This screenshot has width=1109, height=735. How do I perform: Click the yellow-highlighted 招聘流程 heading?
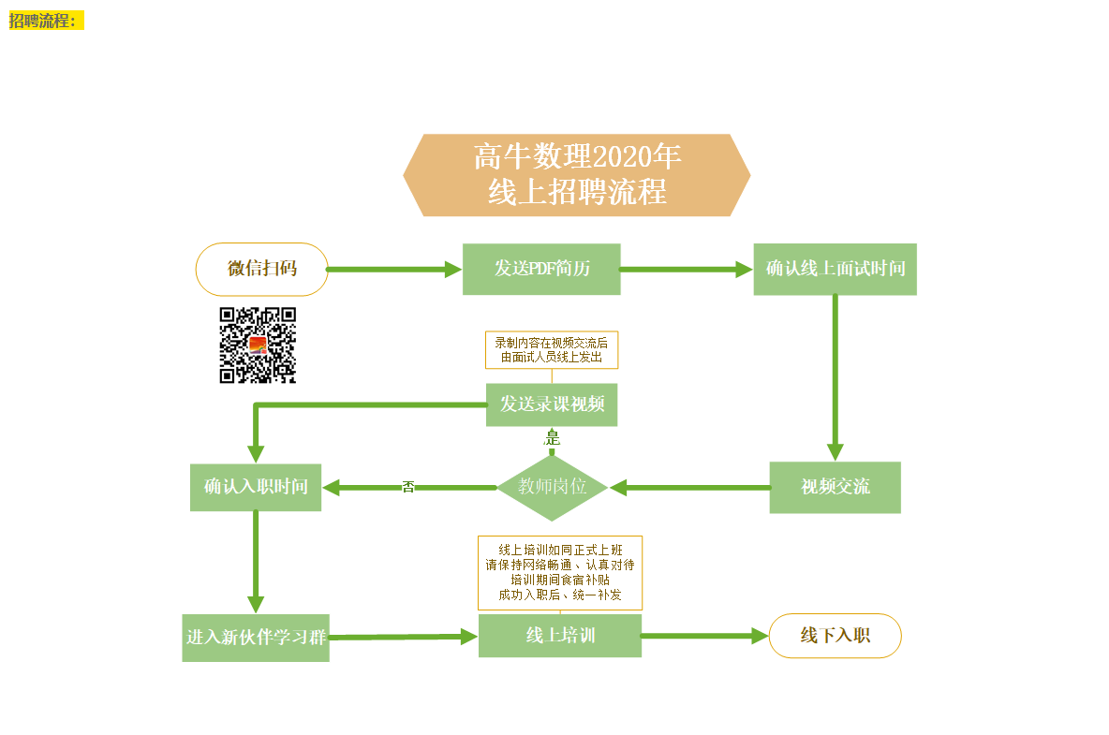click(46, 21)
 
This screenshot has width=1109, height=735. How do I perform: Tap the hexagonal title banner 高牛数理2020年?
click(576, 174)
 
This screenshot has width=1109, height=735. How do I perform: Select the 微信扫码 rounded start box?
click(261, 270)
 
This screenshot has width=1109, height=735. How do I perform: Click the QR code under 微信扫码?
click(258, 345)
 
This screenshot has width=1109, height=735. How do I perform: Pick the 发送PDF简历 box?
click(541, 270)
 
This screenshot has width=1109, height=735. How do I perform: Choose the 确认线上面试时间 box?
click(835, 270)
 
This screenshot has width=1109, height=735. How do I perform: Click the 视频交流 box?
click(835, 487)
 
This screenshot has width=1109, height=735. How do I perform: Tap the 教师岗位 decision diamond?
click(553, 487)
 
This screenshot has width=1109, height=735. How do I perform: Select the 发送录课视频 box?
click(552, 404)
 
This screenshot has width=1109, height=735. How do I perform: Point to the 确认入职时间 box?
click(256, 487)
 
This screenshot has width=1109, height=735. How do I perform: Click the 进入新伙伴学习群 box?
click(256, 638)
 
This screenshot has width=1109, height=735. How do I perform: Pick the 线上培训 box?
click(560, 636)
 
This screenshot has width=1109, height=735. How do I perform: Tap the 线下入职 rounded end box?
click(835, 636)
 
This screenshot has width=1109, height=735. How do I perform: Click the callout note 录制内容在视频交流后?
click(552, 350)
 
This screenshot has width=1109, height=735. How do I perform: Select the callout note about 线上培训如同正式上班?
click(560, 572)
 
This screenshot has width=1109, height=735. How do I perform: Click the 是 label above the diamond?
click(553, 438)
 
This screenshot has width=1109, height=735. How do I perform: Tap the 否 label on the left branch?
click(408, 487)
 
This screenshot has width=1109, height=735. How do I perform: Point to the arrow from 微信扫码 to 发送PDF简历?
click(394, 270)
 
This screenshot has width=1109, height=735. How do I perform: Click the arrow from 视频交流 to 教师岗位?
click(689, 488)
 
